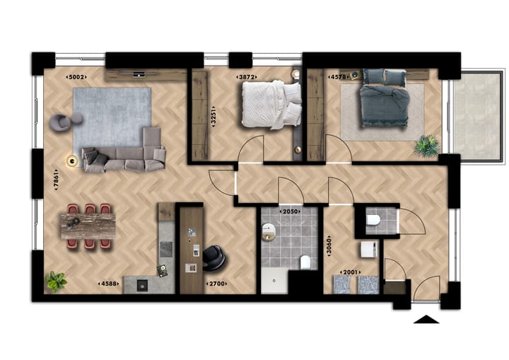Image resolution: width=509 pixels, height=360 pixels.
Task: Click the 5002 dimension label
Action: coord(76,76)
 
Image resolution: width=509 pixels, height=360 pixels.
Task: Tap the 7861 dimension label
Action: coord(54,182)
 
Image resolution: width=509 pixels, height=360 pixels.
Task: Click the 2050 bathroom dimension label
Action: coord(291,211)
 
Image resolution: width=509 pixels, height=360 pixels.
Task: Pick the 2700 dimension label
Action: coord(216,284)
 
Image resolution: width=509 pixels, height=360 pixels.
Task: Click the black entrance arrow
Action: coord(426,320)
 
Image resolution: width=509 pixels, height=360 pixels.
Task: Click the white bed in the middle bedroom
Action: coord(271,105)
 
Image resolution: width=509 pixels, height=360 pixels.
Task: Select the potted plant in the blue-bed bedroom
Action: coord(426,146)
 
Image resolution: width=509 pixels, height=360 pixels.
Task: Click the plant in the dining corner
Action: coord(55,281)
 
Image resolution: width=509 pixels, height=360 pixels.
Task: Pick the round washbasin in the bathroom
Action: coord(269,229)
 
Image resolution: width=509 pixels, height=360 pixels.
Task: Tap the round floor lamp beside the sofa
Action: coord(71,161)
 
